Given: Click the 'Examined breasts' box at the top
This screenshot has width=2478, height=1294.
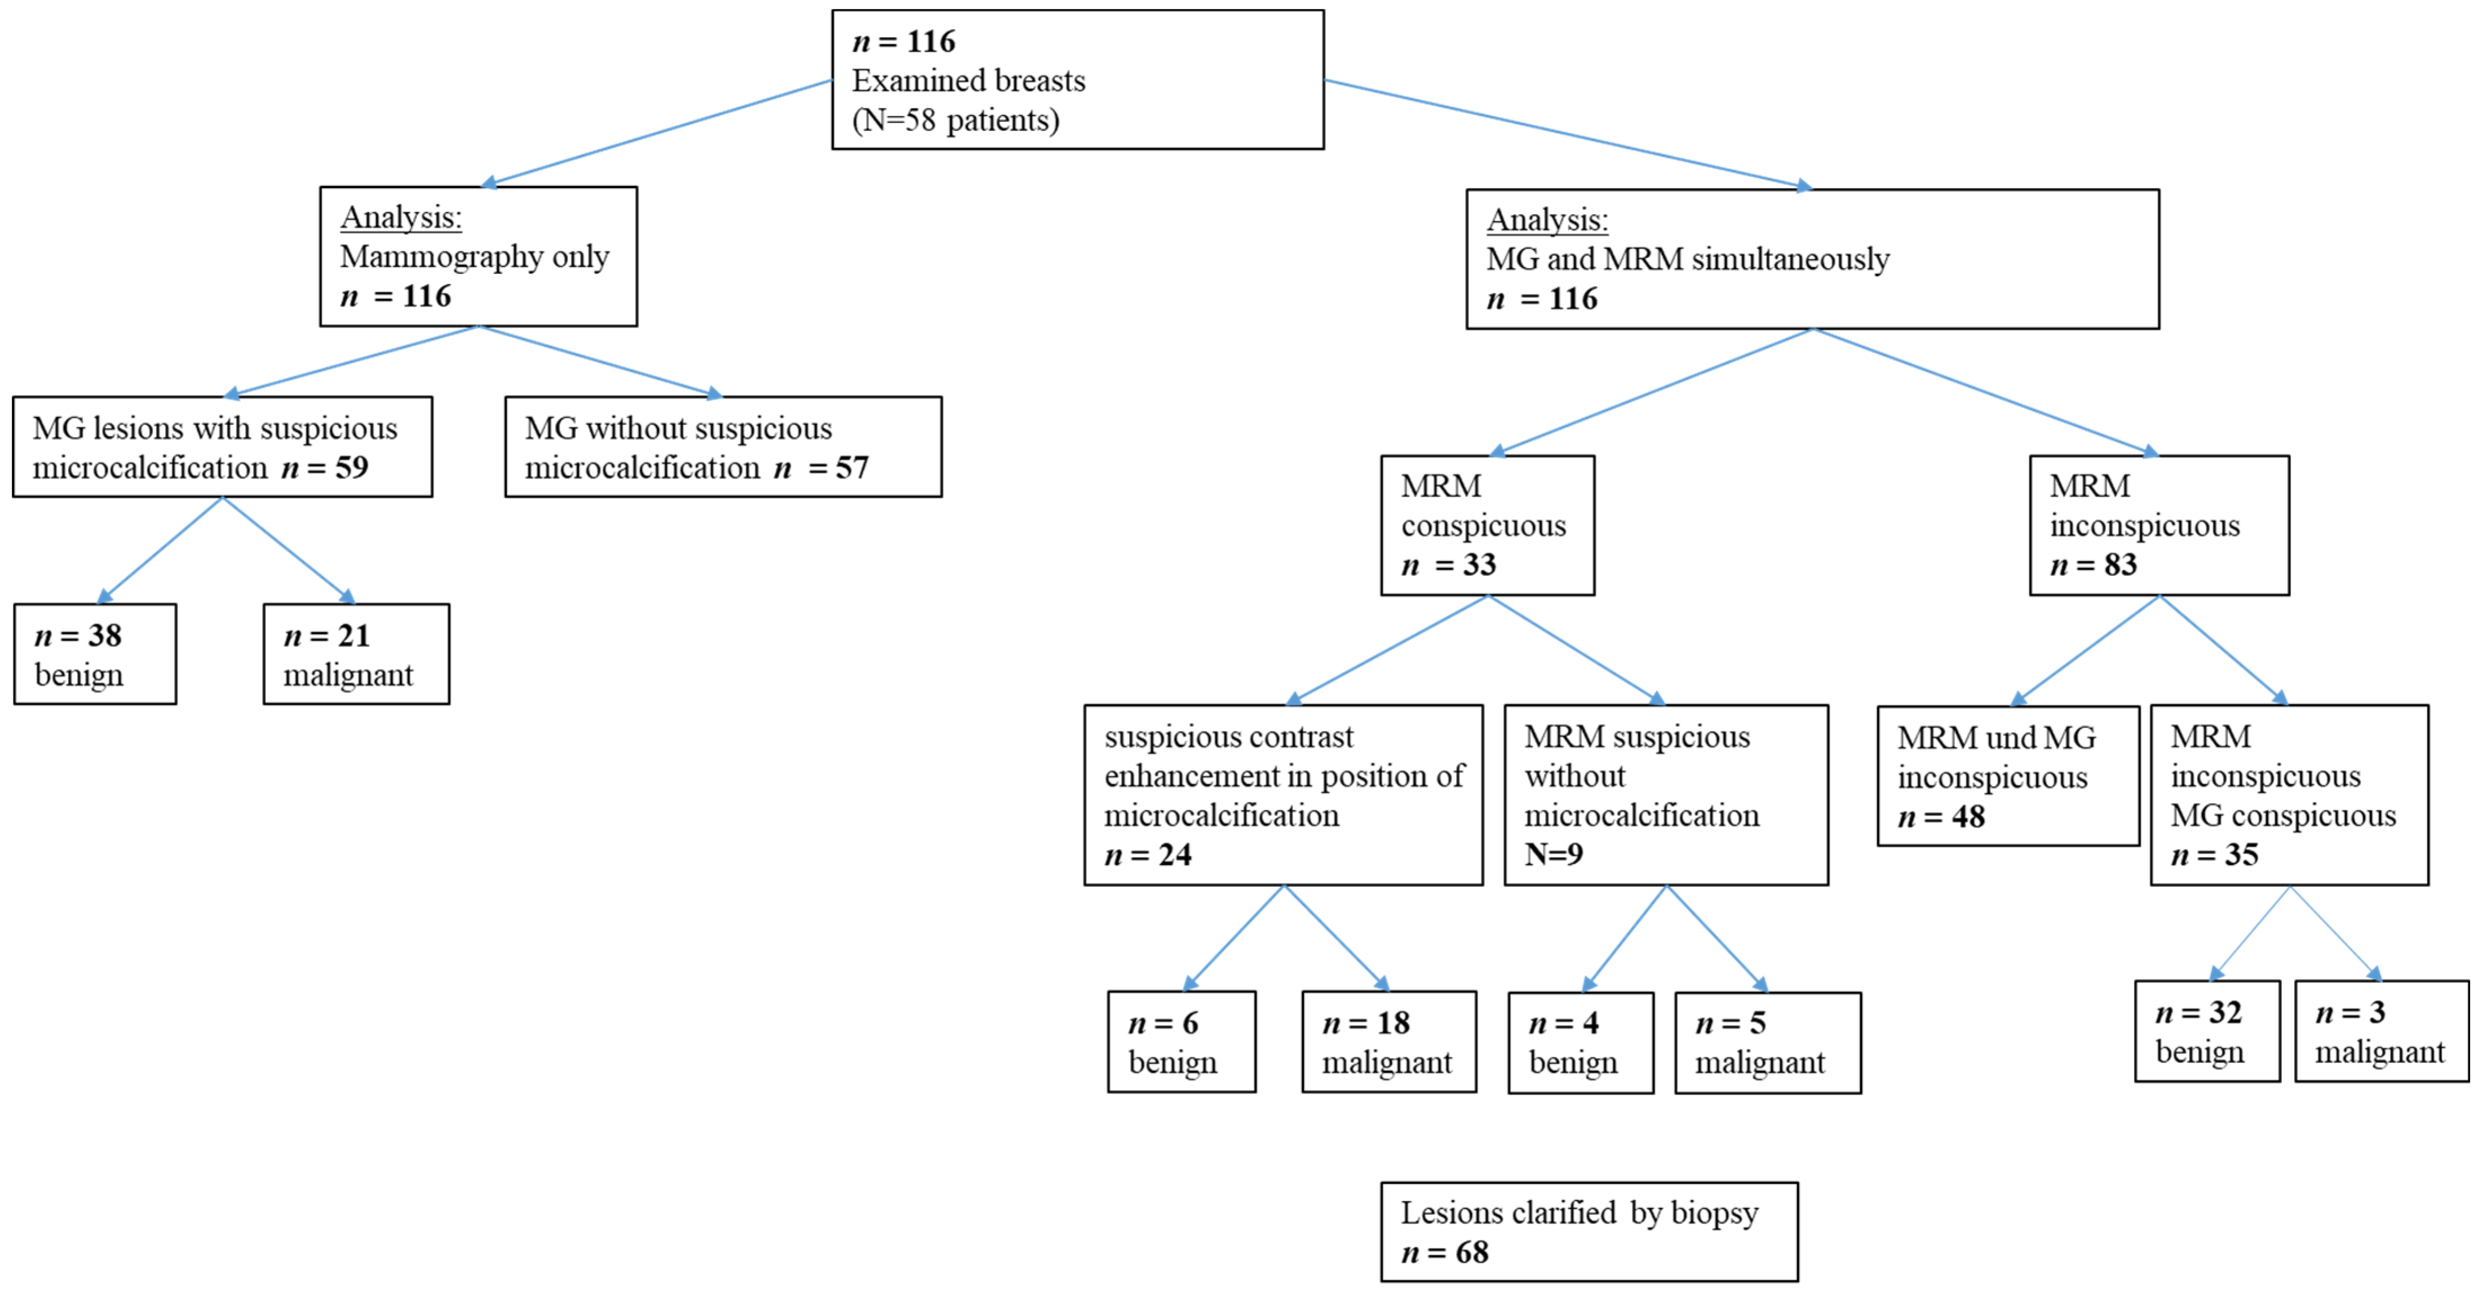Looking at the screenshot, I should coord(1077,80).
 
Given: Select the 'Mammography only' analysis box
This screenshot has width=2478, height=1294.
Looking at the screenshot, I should coord(478,256).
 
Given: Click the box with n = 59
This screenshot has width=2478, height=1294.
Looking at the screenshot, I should coord(222,446).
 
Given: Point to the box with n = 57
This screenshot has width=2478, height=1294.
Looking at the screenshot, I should coord(723,446).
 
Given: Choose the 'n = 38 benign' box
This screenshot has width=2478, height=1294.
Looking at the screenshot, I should coord(95,654).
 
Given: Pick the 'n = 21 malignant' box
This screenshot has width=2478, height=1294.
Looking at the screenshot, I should coord(356,654).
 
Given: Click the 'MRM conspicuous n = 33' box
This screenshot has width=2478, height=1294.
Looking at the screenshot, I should coord(1487,525).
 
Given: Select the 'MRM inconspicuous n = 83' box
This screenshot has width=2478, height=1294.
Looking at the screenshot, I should coord(2158,525).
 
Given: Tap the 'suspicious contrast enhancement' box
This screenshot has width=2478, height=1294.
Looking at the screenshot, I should coord(1282,795).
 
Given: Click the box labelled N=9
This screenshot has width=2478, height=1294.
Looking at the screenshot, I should coord(1665,795).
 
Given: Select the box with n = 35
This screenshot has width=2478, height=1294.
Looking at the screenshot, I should coord(2289,795).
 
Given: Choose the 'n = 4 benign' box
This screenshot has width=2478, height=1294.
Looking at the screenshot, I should coord(1581,1043).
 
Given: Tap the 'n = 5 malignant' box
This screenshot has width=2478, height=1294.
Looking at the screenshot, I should coord(1767,1043).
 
